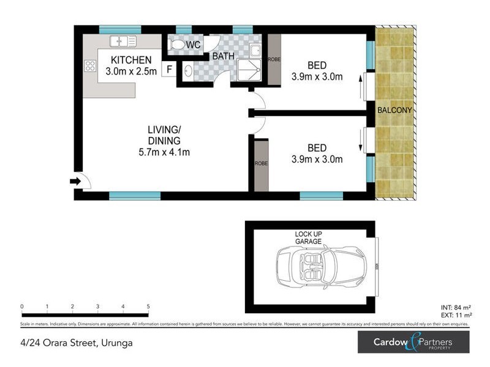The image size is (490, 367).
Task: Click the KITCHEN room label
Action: click(130, 60)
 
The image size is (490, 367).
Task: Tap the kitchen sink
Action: click(123, 42)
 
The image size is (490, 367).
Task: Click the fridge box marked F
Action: click(169, 69)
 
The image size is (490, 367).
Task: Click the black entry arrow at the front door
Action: click(76, 181)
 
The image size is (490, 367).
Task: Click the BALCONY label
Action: click(394, 110)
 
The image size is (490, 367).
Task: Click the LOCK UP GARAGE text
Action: click(308, 238)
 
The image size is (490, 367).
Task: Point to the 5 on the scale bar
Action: click(148, 306)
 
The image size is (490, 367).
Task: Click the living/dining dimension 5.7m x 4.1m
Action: click(164, 152)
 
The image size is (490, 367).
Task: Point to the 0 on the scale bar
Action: click(22, 306)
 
